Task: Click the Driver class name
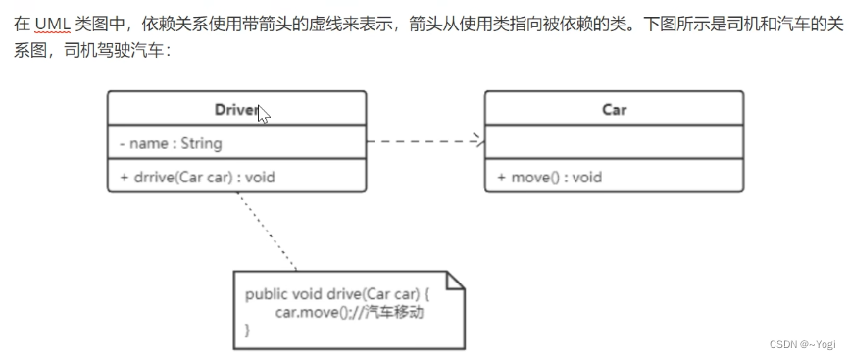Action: pyautogui.click(x=235, y=109)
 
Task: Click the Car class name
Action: pyautogui.click(x=614, y=109)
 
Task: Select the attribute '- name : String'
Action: pyautogui.click(x=171, y=143)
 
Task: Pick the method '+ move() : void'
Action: pyautogui.click(x=549, y=178)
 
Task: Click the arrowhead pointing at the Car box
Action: pyautogui.click(x=478, y=142)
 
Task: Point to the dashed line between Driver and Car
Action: pyautogui.click(x=422, y=142)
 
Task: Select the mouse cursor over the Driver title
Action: pyautogui.click(x=263, y=114)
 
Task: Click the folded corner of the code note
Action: pyautogui.click(x=456, y=281)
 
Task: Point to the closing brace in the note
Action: pyautogui.click(x=248, y=331)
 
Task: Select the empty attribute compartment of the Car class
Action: pyautogui.click(x=614, y=143)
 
